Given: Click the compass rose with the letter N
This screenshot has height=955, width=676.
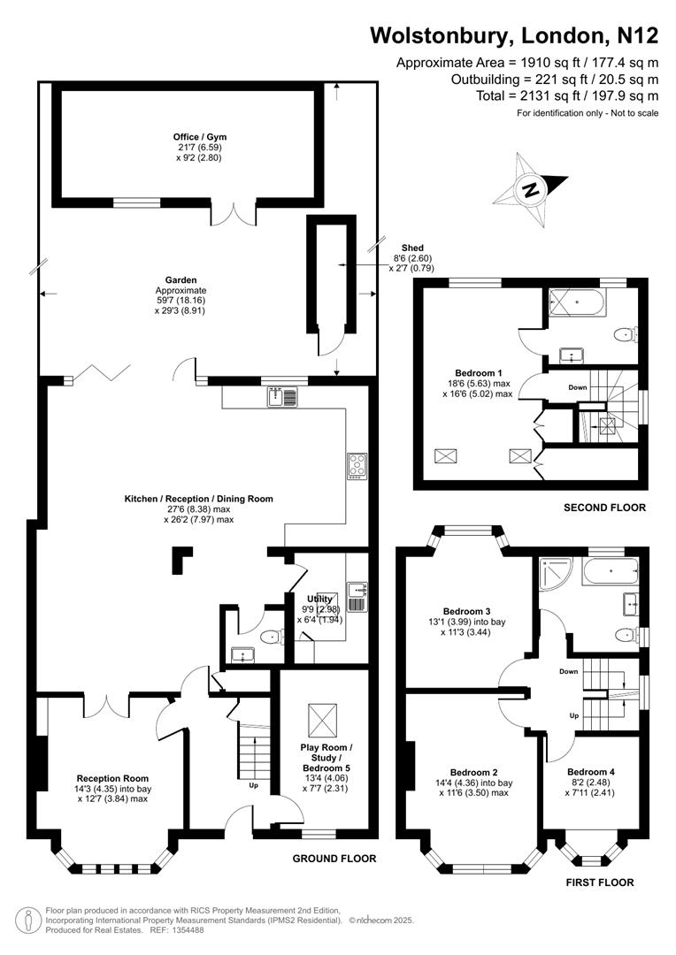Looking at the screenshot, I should [x=532, y=187].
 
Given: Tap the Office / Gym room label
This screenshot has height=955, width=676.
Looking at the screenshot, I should [x=199, y=136].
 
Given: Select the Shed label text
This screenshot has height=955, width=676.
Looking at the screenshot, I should [x=412, y=248].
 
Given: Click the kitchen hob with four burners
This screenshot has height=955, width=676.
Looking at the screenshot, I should [x=357, y=465].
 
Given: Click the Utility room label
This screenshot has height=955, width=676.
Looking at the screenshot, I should [x=319, y=598].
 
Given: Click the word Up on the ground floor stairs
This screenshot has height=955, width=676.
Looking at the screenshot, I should [x=254, y=784].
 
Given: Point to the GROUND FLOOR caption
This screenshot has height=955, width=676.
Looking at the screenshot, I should [x=334, y=859].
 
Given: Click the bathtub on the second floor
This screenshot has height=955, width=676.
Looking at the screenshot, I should [x=576, y=303].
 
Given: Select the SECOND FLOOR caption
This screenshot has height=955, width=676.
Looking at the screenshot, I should [x=604, y=508].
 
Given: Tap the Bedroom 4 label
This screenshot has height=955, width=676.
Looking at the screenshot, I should [x=590, y=772].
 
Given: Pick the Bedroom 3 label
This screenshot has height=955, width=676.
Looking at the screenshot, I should [x=466, y=611].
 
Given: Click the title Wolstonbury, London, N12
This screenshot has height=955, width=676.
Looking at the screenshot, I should [x=513, y=35].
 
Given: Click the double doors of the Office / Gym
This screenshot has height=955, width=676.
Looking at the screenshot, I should [x=232, y=214].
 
